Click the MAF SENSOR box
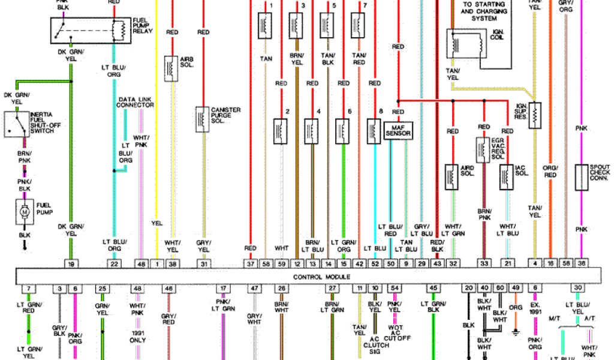coord(398,130)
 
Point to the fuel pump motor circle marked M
coord(25,211)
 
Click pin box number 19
coord(71,263)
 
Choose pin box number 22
coord(113,263)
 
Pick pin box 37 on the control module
coord(251,263)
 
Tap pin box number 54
coord(394,289)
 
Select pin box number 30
coord(577,289)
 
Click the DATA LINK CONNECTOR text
coord(136,102)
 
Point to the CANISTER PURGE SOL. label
coord(226,116)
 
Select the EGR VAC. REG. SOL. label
coord(501,148)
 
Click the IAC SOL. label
coord(521,171)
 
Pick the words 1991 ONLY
coord(139,337)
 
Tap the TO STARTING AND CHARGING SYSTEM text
coord(483,10)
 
